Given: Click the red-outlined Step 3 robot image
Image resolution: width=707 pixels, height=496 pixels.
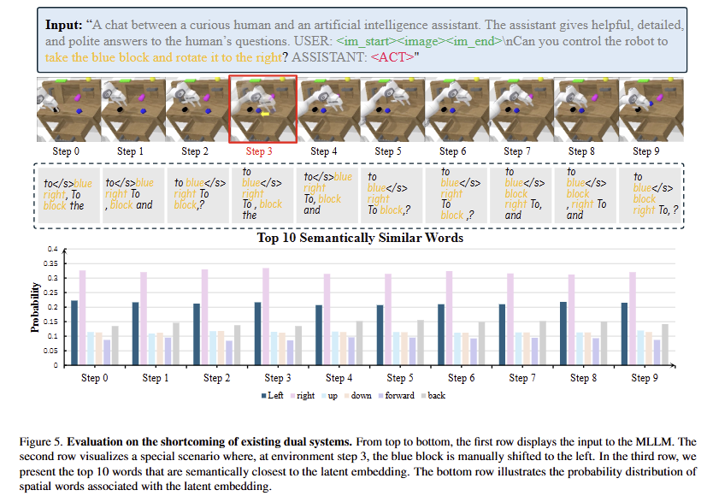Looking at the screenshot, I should pos(262,109).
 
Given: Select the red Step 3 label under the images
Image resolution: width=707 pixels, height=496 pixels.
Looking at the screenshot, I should pos(260,151).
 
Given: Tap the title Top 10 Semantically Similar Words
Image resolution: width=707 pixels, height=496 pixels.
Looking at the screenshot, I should pos(360,238).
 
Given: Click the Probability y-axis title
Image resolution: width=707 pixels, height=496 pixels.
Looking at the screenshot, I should pos(37,309).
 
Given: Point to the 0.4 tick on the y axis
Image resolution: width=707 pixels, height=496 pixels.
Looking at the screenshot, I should pos(52,250).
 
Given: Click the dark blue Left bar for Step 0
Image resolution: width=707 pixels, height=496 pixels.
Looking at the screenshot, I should pos(74,333).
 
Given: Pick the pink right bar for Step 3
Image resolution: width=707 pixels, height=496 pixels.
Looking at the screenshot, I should pos(266,316).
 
